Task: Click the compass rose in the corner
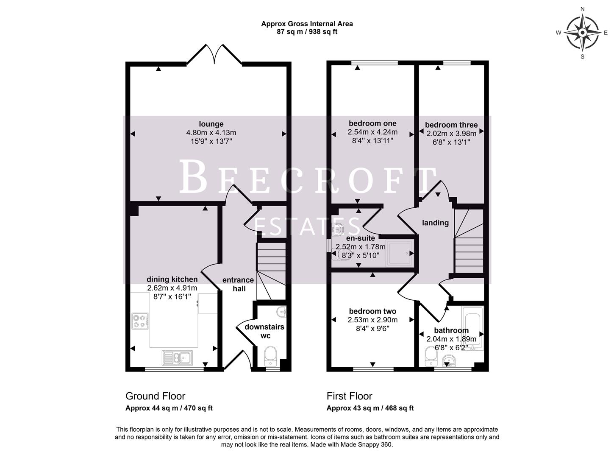583,33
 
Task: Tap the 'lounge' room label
211,124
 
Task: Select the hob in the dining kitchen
140,321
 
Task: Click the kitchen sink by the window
177,358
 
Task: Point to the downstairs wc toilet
270,356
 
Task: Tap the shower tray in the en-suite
399,254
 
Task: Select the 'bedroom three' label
451,125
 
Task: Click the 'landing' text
435,223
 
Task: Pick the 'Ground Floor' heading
155,396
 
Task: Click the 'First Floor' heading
349,396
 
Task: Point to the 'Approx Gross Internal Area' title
307,24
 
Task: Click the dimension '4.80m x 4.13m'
211,133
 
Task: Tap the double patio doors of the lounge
214,56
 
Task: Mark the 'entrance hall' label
238,284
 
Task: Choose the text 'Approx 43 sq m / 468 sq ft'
370,408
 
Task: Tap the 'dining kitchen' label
172,279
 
